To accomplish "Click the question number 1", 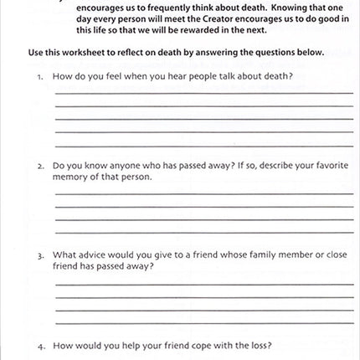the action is point(39,76).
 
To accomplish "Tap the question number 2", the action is point(39,166).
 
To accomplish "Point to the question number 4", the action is point(39,345).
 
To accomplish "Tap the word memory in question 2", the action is point(69,177).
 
